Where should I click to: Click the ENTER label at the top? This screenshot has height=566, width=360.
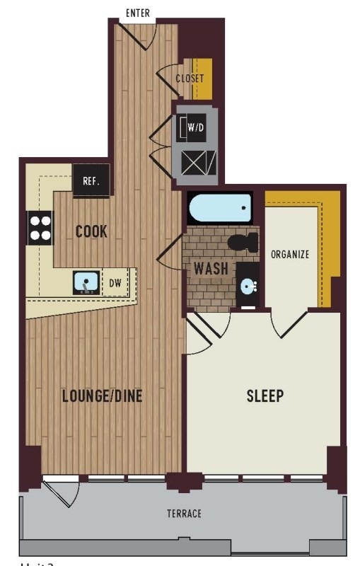pyautogui.click(x=137, y=13)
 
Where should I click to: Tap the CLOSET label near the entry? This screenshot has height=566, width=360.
pyautogui.click(x=190, y=79)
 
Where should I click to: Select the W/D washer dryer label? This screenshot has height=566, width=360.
pyautogui.click(x=195, y=128)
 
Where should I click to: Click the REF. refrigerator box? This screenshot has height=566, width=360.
pyautogui.click(x=91, y=180)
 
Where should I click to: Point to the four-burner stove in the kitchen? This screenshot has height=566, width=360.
pyautogui.click(x=40, y=228)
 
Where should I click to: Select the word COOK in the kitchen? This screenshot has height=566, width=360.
pyautogui.click(x=92, y=231)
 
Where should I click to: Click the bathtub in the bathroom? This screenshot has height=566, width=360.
pyautogui.click(x=220, y=209)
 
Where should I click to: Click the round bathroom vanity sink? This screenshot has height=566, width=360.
pyautogui.click(x=248, y=287)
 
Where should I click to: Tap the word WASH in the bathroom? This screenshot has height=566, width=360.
pyautogui.click(x=211, y=269)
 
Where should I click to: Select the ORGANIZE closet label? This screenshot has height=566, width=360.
pyautogui.click(x=290, y=255)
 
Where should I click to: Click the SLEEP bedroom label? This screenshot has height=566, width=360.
pyautogui.click(x=265, y=395)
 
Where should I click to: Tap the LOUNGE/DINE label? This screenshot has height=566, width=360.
pyautogui.click(x=102, y=395)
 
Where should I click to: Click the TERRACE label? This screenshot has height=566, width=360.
pyautogui.click(x=184, y=514)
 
